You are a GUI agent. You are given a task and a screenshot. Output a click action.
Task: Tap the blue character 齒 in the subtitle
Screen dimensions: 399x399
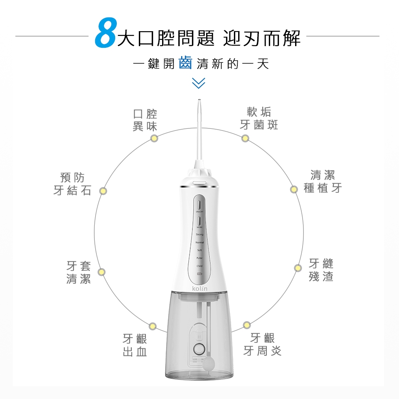click(185, 63)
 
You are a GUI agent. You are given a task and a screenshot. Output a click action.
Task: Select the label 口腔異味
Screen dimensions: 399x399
click(145, 120)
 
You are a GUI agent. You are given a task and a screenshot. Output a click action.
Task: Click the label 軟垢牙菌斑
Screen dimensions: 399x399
click(259, 118)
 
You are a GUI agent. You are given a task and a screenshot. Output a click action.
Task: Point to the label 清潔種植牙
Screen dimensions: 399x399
click(323, 181)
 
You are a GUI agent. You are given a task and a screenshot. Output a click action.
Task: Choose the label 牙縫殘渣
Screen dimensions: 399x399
click(321, 270)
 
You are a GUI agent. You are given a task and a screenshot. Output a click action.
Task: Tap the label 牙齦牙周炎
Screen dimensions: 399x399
click(262, 344)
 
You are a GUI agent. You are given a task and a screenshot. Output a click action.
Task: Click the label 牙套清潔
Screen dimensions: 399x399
click(79, 272)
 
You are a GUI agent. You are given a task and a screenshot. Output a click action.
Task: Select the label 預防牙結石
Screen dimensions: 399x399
click(72, 184)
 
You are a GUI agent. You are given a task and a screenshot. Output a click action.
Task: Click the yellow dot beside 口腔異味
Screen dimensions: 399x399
click(154, 138)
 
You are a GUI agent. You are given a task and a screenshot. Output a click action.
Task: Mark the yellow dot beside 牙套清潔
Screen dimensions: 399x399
click(101, 272)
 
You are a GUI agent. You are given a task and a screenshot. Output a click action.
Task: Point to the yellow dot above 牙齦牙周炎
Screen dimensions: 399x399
click(247, 325)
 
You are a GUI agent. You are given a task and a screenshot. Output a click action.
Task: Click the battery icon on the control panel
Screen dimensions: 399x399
click(199, 274)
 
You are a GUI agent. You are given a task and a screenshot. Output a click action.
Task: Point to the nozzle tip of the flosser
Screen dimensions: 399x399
click(199, 101)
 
